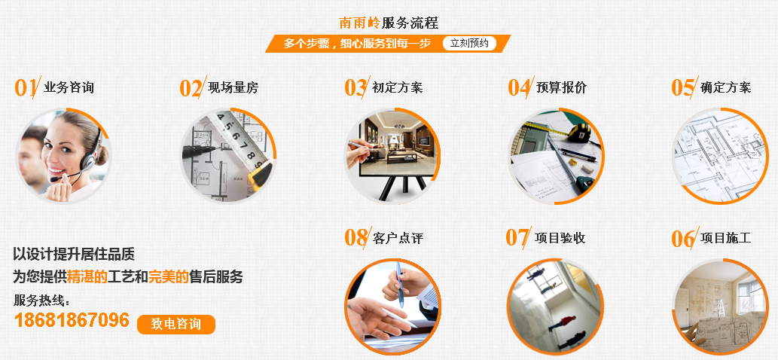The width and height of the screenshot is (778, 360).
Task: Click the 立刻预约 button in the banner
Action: point(469,44)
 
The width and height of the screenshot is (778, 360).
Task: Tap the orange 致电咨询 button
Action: point(176,324)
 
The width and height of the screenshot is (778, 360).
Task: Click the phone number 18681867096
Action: point(72,320)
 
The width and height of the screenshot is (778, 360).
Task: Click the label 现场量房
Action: point(233,87)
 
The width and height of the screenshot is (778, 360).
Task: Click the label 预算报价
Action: point(561,87)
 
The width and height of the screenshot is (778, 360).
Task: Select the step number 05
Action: point(682,87)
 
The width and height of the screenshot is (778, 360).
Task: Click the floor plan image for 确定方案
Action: point(719,156)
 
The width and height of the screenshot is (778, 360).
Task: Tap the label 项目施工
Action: point(726,238)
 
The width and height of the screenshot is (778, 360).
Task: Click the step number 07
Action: point(517,238)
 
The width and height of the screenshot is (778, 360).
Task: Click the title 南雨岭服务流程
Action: point(389,23)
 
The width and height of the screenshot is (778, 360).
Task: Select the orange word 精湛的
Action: point(87,276)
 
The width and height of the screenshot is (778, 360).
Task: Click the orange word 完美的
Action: point(168,276)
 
